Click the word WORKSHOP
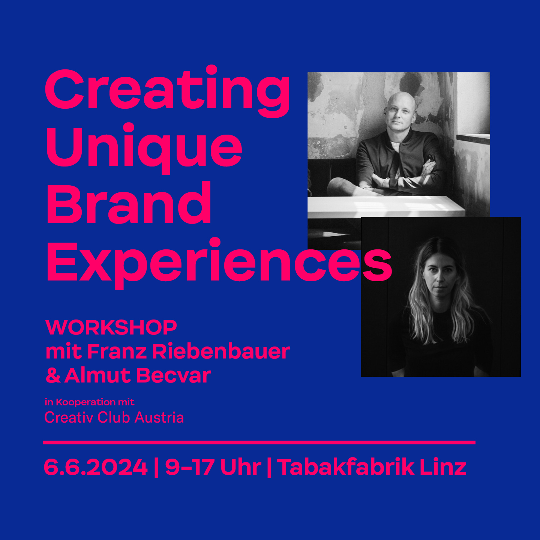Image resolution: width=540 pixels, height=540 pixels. click(x=111, y=327)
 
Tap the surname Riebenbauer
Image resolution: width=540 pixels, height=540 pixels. click(x=221, y=351)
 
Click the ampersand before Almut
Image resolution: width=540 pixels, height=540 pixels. click(x=53, y=375)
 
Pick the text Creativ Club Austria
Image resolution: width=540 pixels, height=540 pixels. click(x=114, y=417)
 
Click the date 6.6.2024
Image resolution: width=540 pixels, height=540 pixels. click(x=96, y=467)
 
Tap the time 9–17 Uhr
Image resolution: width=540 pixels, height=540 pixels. click(x=213, y=467)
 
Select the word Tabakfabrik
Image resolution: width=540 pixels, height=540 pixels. click(x=345, y=467)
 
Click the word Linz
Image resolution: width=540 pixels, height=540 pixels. click(x=443, y=467)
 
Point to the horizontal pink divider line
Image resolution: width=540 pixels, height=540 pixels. click(x=259, y=442)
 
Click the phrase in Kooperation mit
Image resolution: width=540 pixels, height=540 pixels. click(x=90, y=402)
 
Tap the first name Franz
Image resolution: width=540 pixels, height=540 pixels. click(x=117, y=351)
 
